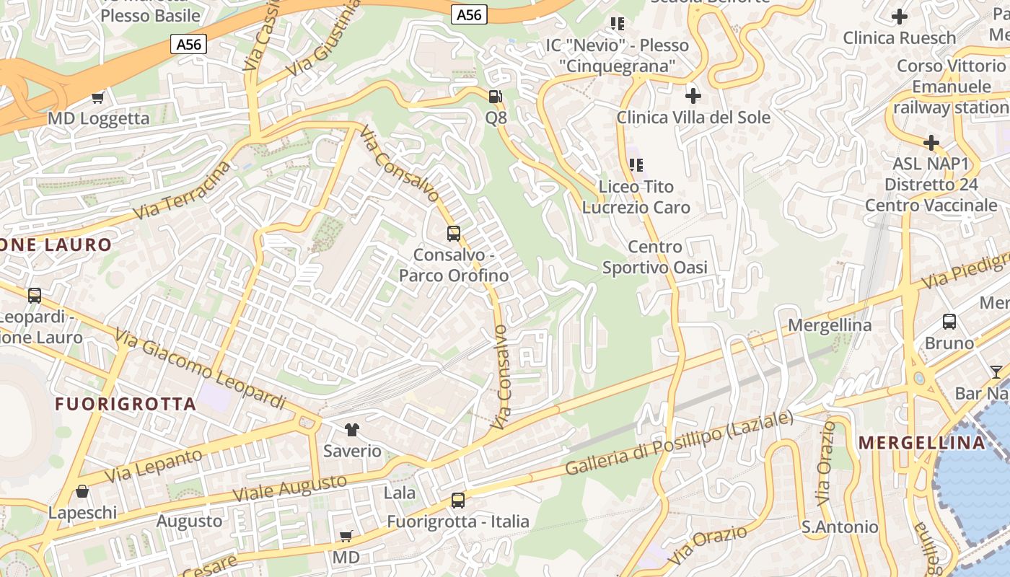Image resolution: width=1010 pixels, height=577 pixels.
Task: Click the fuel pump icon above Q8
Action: [x=496, y=96]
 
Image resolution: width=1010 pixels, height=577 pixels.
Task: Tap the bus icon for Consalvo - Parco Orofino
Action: [x=454, y=234]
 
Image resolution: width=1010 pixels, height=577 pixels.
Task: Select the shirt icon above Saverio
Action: [x=351, y=430]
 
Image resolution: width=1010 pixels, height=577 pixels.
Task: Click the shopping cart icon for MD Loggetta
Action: [x=98, y=97]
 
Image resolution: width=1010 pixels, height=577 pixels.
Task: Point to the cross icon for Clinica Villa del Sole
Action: [x=693, y=95]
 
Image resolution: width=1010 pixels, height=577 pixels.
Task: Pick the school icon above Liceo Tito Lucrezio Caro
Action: [x=636, y=165]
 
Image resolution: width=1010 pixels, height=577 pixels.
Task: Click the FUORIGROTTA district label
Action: [x=126, y=404]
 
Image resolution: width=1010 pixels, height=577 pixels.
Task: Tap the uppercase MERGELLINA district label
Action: [x=922, y=443]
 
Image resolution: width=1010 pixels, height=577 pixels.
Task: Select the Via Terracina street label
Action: [x=184, y=191]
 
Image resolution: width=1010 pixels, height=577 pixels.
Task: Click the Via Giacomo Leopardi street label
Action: [x=200, y=369]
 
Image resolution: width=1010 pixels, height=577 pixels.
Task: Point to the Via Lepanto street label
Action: [x=154, y=466]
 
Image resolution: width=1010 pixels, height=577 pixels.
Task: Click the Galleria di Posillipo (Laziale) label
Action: [x=679, y=442]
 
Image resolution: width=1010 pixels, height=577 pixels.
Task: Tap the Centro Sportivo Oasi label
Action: [x=654, y=257]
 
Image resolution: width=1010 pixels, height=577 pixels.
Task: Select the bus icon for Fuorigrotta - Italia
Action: [x=457, y=500]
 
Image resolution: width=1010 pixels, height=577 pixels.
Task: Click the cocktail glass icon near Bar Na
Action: [x=996, y=372]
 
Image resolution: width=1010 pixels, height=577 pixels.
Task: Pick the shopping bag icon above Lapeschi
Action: [x=82, y=492]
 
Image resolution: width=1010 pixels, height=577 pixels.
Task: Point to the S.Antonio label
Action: [x=840, y=527]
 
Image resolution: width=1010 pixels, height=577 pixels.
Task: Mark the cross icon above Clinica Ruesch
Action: [x=899, y=16]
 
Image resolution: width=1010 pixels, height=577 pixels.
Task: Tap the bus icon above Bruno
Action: [x=949, y=322]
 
